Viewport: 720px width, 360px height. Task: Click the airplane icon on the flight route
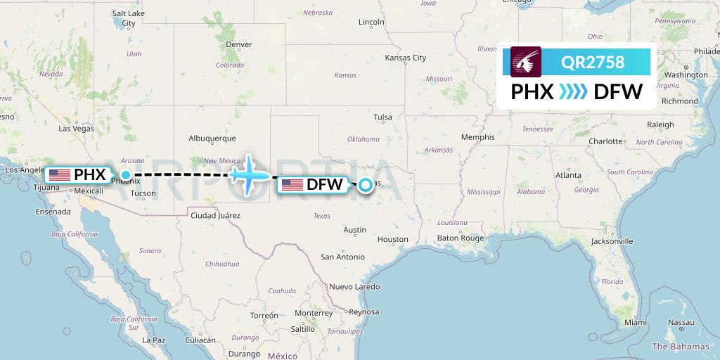[x=250, y=174]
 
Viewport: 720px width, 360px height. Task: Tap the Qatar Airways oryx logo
[x=526, y=62]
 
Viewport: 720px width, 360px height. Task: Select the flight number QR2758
[x=593, y=62]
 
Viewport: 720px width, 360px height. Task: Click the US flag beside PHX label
[x=60, y=174]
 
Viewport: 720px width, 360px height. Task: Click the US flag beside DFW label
[x=292, y=185]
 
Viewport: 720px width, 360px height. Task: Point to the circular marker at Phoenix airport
[x=126, y=174]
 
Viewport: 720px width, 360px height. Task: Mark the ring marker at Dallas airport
[x=366, y=185]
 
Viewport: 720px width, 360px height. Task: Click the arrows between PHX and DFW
[x=573, y=91]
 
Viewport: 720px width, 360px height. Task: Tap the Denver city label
[x=238, y=44]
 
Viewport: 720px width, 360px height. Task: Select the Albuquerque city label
[x=212, y=139]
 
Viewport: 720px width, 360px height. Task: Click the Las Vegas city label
[x=76, y=129]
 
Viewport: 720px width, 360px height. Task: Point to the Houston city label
[x=392, y=239]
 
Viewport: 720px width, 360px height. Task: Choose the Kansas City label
[x=406, y=58]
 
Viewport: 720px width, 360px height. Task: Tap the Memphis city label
[x=477, y=137]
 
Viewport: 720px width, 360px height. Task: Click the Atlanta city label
[x=567, y=175]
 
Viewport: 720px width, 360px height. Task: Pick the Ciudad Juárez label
[x=215, y=215]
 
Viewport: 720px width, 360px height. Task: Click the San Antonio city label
[x=342, y=257]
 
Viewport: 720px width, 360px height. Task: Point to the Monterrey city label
[x=314, y=313]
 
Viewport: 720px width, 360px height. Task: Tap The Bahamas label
[x=681, y=346]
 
